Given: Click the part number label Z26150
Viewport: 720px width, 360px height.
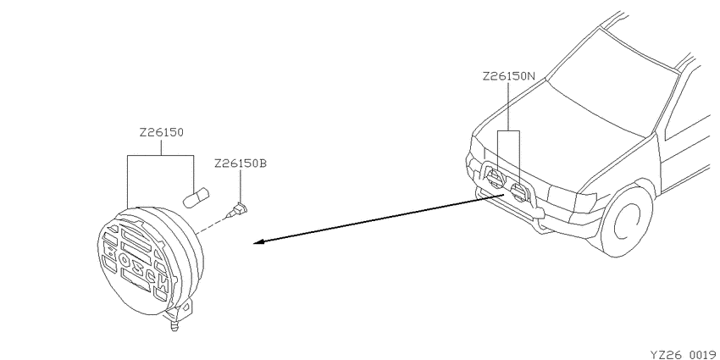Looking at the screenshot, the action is [162, 133].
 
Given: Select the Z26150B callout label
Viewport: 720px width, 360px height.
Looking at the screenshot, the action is [241, 163].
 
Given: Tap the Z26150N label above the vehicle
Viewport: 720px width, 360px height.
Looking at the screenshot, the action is [509, 76].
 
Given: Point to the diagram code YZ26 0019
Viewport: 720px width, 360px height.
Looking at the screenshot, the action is [684, 354].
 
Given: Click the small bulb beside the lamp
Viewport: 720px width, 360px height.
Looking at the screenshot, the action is [196, 198].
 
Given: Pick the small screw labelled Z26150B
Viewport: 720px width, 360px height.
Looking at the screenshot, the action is [236, 211].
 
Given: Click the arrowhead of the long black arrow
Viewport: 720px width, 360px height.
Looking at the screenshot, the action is [259, 241].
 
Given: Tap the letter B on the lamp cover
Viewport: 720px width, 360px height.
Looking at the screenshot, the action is [110, 251].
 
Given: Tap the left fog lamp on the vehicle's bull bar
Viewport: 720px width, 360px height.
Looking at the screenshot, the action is [495, 178].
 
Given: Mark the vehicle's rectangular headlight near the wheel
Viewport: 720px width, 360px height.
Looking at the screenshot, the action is [572, 198].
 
